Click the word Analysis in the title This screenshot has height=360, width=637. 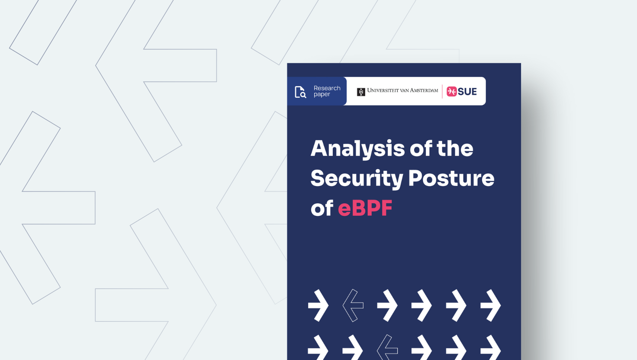357,149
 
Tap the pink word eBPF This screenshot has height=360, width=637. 365,208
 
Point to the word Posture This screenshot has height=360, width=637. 451,178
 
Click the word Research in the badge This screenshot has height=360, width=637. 327,88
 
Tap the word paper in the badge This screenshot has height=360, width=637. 322,94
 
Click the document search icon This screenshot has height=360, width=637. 300,92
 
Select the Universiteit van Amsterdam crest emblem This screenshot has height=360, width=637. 361,92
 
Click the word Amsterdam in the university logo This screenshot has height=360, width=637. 424,90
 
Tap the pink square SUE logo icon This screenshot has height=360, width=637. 452,92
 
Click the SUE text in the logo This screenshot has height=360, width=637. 467,92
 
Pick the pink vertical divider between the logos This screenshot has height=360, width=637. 442,92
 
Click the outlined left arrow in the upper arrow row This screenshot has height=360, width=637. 353,305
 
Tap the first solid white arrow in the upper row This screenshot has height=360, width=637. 318,305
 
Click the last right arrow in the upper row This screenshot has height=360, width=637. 491,305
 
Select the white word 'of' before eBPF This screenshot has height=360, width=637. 322,208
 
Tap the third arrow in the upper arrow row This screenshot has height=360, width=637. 387,305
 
